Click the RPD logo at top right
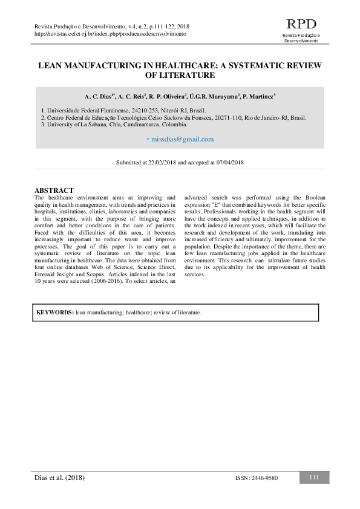pos(301,25)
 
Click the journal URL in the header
pos(111,34)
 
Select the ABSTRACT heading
pos(54,190)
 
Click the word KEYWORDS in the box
pos(54,313)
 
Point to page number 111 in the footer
pos(314,478)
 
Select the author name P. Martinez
pos(258,96)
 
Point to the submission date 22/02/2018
pos(163,163)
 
